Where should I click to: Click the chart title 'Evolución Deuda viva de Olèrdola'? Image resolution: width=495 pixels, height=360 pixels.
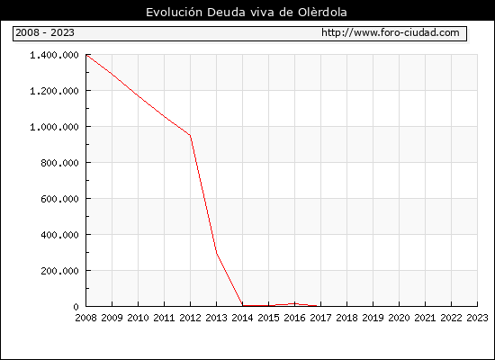[x=247, y=13]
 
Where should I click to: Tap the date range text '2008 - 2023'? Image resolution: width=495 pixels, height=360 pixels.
[x=45, y=32]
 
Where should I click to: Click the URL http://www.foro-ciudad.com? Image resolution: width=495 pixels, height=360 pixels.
[x=391, y=32]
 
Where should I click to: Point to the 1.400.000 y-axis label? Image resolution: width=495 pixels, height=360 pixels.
[x=54, y=55]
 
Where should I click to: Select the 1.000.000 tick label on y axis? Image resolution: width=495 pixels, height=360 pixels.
[x=54, y=127]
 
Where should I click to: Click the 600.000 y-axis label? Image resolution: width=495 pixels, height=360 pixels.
[x=59, y=199]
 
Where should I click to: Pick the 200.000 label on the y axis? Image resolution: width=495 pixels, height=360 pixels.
[x=59, y=271]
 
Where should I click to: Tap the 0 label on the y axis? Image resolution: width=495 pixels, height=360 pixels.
[x=76, y=307]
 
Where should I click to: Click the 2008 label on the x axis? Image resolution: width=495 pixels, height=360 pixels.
[x=85, y=318]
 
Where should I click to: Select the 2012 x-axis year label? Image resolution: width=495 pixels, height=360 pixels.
[x=191, y=318]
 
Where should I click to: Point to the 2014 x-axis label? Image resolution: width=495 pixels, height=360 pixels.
[x=242, y=318]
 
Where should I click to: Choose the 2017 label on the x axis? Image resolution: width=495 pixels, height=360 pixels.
[x=320, y=318]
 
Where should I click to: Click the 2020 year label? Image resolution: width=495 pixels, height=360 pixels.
[x=399, y=318]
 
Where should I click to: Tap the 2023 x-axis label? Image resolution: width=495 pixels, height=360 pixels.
[x=477, y=318]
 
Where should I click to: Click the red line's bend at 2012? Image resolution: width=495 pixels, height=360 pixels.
[x=191, y=136]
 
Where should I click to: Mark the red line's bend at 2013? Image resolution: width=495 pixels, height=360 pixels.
[x=217, y=253]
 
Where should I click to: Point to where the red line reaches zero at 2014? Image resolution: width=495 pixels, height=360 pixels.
[x=242, y=305]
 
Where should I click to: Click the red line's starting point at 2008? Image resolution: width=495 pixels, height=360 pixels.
[x=86, y=55]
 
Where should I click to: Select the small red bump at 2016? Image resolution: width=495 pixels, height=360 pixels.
[x=294, y=304]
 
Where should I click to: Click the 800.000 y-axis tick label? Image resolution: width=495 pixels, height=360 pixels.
[x=59, y=163]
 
